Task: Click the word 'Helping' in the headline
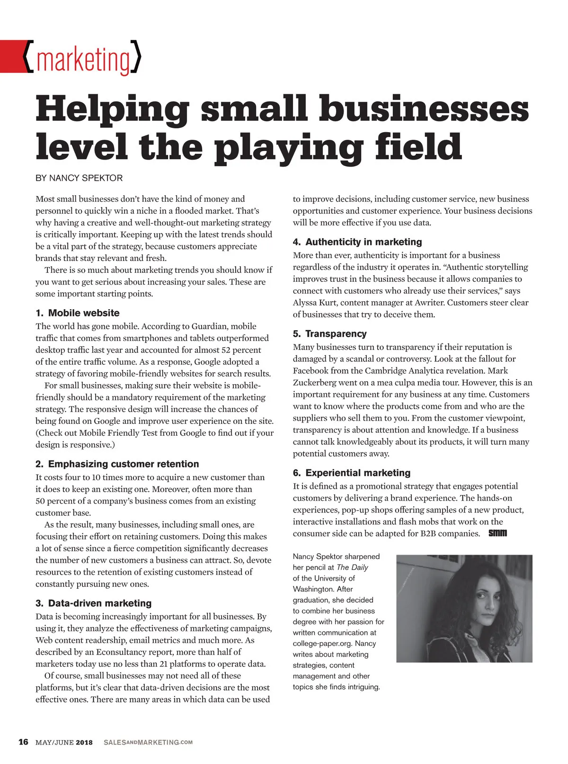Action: [112, 108]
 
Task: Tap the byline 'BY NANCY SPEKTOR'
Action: [79, 178]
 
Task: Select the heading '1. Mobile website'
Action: [78, 313]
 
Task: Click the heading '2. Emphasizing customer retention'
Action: [117, 464]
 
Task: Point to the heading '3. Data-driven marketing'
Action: [93, 603]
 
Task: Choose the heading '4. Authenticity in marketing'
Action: [357, 242]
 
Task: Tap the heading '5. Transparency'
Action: [329, 334]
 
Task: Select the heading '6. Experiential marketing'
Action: [351, 473]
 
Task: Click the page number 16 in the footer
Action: [23, 742]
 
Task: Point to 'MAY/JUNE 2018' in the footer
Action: [64, 742]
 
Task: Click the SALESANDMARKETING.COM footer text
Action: [148, 742]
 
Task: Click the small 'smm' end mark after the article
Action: [497, 533]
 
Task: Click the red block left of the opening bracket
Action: [11, 56]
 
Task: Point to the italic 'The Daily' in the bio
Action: [352, 567]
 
